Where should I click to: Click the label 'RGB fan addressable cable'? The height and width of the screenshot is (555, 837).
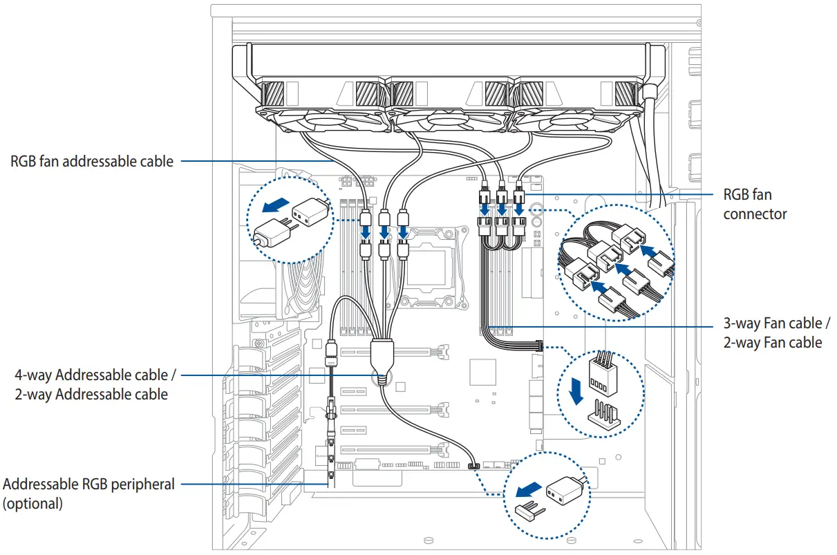(92, 162)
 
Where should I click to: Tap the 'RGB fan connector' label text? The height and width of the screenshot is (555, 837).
(755, 204)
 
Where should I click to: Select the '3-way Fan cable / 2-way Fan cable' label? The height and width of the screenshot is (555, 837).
(776, 332)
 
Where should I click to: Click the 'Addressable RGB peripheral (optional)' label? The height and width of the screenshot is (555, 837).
(88, 493)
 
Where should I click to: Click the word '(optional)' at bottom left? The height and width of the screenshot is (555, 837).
(33, 503)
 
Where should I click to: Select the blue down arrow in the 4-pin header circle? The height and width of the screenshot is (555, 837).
(576, 391)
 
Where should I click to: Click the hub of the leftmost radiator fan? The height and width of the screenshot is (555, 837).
(324, 120)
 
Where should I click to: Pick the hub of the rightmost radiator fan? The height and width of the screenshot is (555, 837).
(570, 120)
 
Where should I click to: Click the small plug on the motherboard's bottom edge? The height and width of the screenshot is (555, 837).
(474, 466)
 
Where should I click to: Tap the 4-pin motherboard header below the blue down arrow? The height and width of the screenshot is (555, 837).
(604, 415)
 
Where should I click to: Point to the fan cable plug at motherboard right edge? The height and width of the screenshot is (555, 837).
(539, 346)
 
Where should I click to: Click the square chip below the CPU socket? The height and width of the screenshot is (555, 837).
(482, 372)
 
